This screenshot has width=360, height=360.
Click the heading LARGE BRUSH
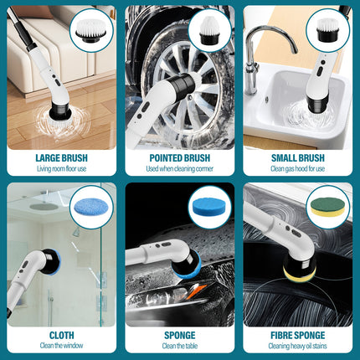[x=61, y=157]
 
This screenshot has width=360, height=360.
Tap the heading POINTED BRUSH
[x=180, y=157]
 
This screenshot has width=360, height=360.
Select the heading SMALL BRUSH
[x=298, y=157]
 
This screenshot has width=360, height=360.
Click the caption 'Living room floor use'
[x=61, y=168]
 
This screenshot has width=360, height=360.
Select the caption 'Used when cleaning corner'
[x=180, y=168]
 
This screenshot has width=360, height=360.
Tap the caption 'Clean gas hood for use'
[x=298, y=168]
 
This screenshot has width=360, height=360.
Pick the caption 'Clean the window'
[x=61, y=346]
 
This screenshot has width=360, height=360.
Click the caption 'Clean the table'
[x=180, y=346]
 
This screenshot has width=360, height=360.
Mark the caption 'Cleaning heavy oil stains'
[x=298, y=346]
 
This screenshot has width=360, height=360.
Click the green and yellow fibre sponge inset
[x=327, y=207]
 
